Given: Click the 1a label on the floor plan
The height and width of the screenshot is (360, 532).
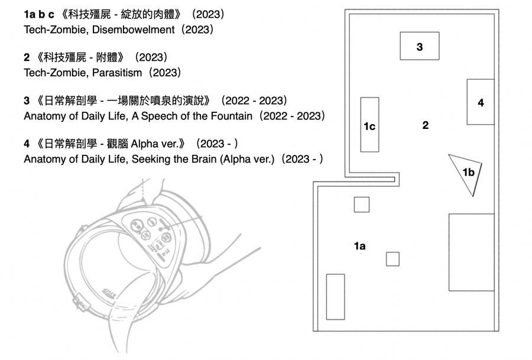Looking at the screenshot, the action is pos(359,246).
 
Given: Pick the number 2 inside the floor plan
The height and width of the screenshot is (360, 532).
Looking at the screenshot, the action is pos(426,125).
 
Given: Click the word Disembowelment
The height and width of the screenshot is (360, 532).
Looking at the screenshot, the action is pos(134,30).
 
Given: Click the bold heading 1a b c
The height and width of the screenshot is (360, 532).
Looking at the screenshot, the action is pos(38,15).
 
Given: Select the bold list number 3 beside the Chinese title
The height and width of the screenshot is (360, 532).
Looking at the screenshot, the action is pos(27,100).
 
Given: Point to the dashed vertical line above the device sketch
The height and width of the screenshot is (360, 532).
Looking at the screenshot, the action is pos(143,190).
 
